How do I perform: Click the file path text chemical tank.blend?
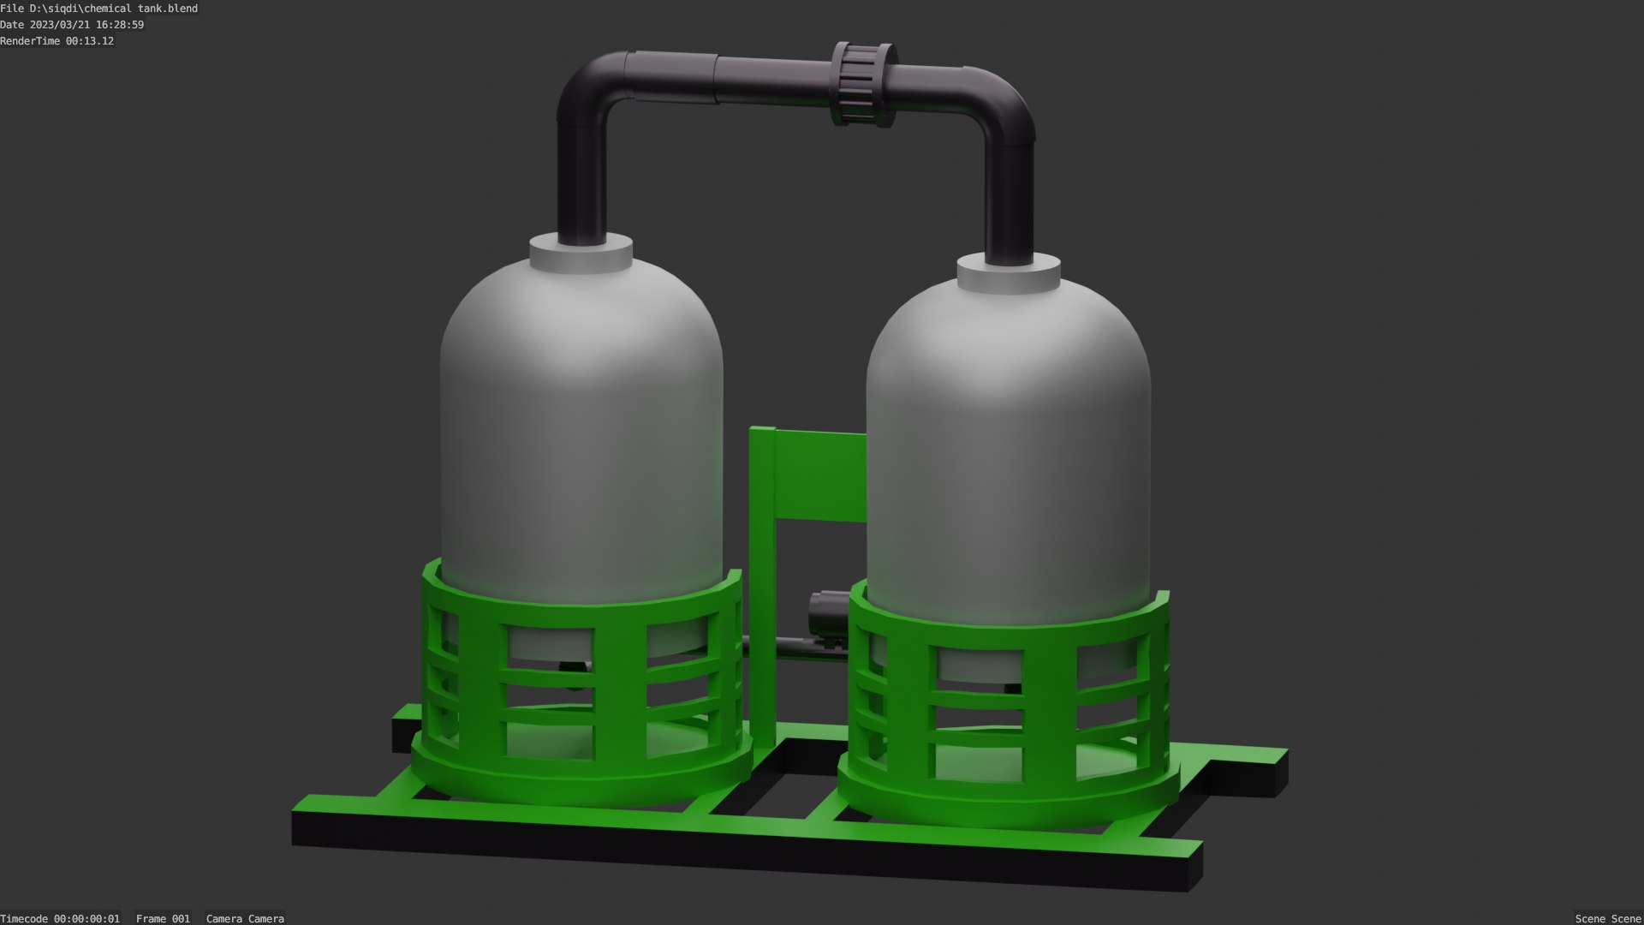(98, 9)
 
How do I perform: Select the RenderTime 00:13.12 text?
(57, 41)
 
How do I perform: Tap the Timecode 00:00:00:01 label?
(60, 918)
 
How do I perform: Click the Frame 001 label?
(163, 918)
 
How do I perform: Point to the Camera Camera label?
(245, 918)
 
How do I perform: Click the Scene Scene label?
(1607, 918)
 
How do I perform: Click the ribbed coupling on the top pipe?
(863, 84)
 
